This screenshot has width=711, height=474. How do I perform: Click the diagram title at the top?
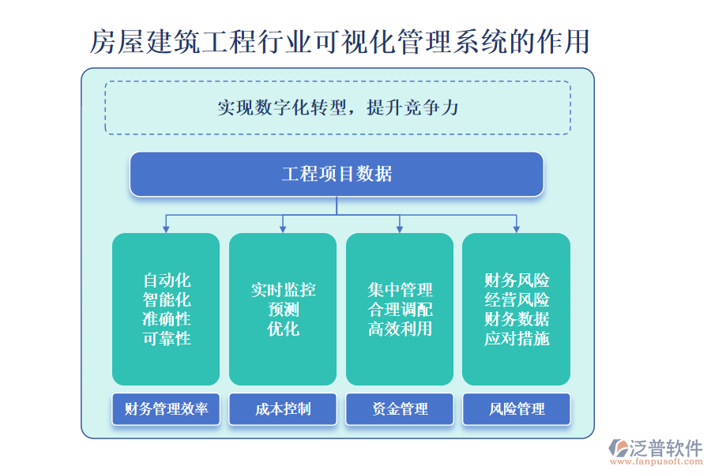point(340,41)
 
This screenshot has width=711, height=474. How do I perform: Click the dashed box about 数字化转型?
point(337,107)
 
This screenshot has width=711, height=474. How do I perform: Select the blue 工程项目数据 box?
point(337,174)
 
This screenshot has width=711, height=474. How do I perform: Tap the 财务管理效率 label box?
point(166,409)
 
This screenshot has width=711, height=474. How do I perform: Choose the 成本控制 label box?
point(283,409)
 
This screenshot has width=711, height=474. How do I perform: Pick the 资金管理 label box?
point(400,409)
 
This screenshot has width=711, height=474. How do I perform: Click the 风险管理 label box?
point(517,409)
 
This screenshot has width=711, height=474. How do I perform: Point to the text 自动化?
point(167,280)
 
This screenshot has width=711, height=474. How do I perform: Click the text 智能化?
point(167,299)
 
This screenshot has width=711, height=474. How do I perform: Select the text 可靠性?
point(167,338)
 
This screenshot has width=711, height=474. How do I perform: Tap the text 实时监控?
point(283,290)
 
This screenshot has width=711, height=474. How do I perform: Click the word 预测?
point(283,309)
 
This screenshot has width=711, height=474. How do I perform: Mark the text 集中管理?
point(400,290)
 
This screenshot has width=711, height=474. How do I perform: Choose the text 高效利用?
point(400,329)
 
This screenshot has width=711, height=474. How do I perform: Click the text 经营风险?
point(517,299)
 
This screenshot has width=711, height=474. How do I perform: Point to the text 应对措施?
point(517,338)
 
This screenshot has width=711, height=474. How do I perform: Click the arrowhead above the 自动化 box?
point(166,228)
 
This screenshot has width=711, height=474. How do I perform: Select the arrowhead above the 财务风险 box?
point(516,228)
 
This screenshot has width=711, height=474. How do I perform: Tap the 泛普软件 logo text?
point(665,448)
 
